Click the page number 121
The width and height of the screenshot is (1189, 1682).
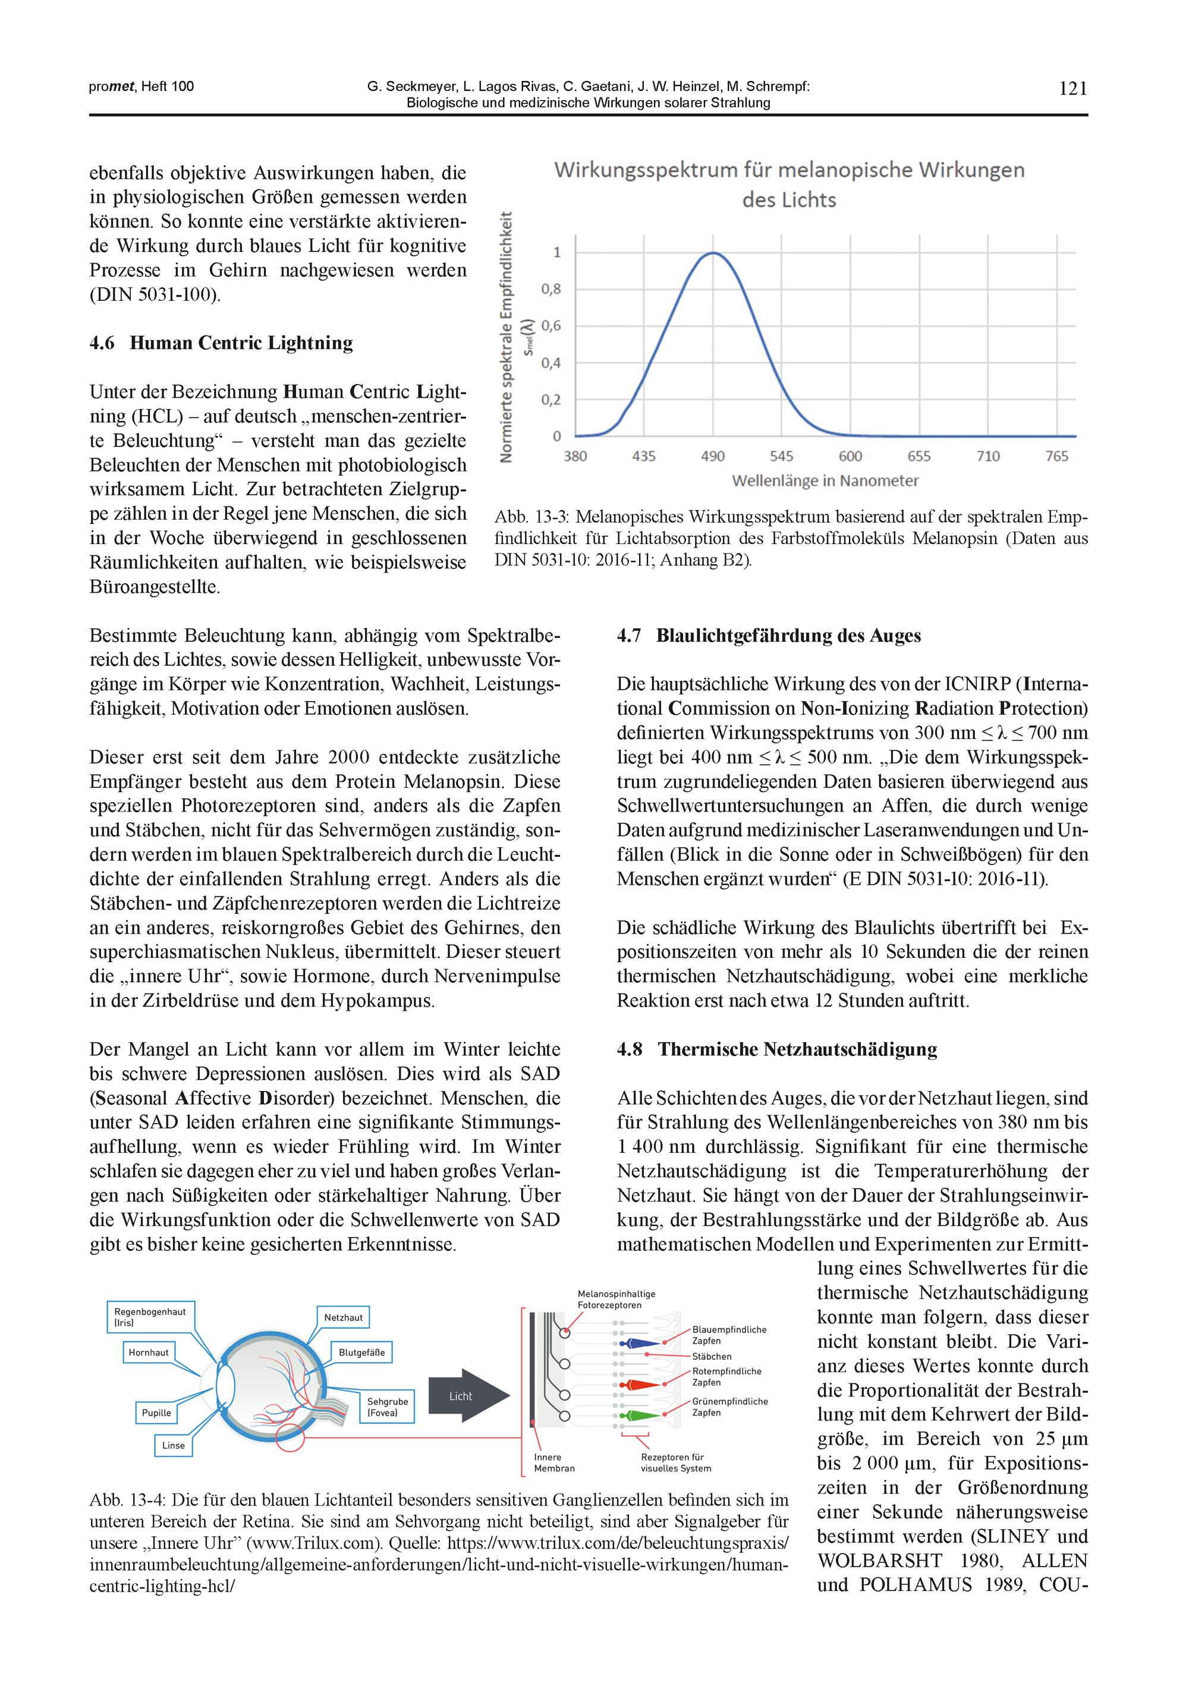tap(1072, 89)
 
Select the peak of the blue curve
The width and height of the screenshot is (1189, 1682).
tap(713, 253)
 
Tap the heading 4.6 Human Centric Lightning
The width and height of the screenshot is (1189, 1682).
tap(221, 343)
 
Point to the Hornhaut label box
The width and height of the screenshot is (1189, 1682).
tap(149, 1353)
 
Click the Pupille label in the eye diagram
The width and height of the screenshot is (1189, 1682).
tap(156, 1413)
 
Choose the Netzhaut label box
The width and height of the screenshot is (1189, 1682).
tap(343, 1317)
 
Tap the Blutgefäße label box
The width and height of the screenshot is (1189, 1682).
tap(361, 1353)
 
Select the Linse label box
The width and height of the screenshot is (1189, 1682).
tap(174, 1445)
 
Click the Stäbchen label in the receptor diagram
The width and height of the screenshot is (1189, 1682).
tap(712, 1357)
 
